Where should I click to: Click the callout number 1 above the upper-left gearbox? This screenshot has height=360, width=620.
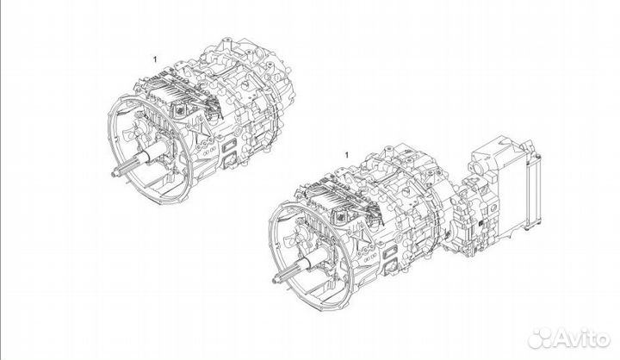coord(155,59)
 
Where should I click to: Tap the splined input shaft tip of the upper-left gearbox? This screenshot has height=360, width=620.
coord(115,176)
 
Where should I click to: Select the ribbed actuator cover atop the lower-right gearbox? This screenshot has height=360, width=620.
coord(336,191)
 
